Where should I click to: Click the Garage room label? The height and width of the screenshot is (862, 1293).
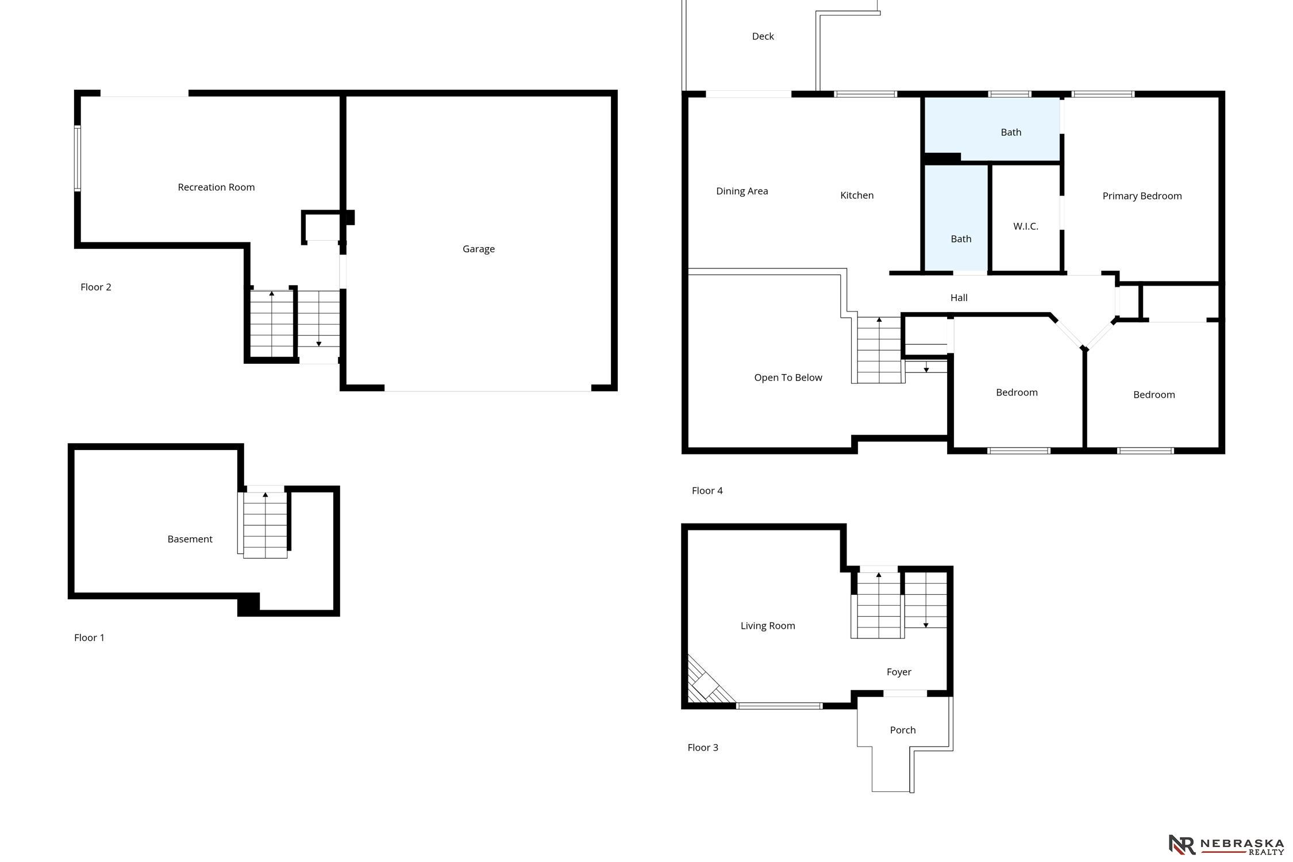479,249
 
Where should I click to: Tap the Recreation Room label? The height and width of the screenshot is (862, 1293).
216,187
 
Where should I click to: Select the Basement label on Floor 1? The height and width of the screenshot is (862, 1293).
190,539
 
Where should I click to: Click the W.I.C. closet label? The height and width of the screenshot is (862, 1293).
1026,226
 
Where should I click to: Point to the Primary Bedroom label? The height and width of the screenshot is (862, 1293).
1142,196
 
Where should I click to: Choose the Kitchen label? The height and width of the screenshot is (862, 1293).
857,195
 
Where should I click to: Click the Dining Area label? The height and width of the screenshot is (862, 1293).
742,191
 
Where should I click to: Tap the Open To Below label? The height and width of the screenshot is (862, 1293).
788,378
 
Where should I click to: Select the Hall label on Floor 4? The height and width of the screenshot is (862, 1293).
959,298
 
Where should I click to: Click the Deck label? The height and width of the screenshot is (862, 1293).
763,36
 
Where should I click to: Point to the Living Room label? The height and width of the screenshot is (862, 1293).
768,626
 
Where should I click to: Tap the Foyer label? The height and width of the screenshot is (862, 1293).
899,672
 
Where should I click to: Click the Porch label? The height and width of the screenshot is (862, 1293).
903,730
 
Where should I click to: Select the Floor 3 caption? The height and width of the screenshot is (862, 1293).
703,748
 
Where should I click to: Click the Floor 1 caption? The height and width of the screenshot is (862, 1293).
89,637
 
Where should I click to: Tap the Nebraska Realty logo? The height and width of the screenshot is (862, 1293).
1226,845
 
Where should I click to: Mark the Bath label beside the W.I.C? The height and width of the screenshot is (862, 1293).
961,239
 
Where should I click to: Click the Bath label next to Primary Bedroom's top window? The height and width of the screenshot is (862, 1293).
1011,132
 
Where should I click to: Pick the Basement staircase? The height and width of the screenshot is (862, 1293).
265,525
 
